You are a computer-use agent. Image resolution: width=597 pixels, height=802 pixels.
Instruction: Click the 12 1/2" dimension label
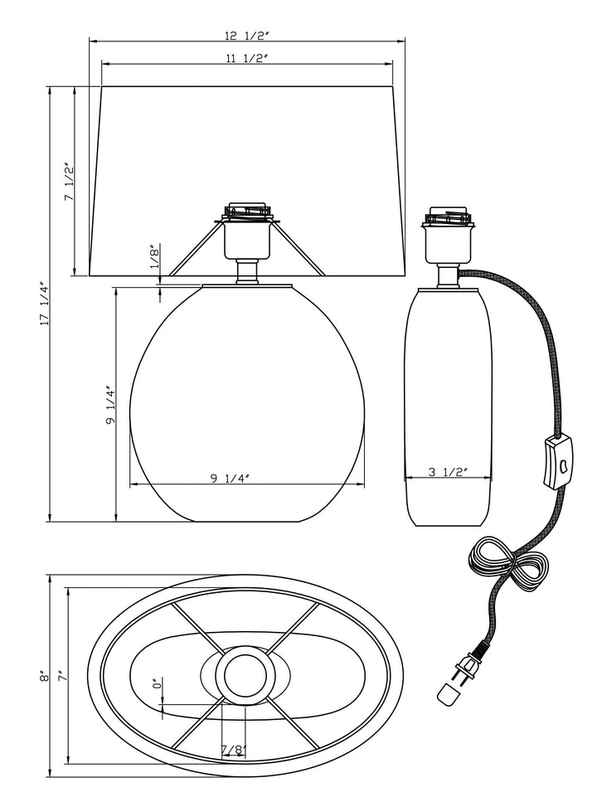(x=246, y=36)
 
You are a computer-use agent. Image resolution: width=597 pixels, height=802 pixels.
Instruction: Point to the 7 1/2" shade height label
(x=70, y=182)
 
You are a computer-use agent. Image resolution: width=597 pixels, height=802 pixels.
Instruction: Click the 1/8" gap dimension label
(x=155, y=257)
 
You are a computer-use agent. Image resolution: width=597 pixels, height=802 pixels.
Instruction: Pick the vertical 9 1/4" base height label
(x=110, y=405)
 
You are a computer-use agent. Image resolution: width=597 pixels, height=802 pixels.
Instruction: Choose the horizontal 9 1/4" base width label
(x=230, y=479)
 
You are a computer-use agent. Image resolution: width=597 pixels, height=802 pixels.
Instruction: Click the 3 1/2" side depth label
(x=448, y=472)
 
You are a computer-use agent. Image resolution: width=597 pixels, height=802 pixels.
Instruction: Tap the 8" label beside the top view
(x=45, y=676)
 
